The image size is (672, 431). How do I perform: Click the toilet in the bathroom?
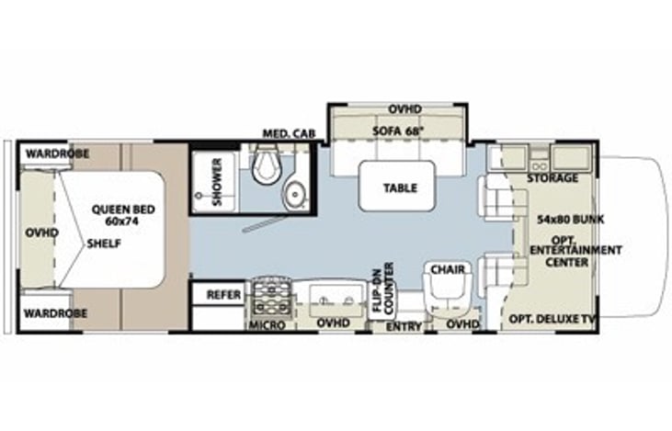pyautogui.click(x=267, y=164)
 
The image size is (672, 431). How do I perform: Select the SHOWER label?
pyautogui.click(x=217, y=182)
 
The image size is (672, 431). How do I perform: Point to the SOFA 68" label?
pyautogui.click(x=398, y=130)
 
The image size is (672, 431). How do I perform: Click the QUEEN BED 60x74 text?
pyautogui.click(x=123, y=215)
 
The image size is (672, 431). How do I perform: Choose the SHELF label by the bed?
pyautogui.click(x=104, y=244)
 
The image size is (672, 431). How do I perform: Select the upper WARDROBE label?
pyautogui.click(x=57, y=153)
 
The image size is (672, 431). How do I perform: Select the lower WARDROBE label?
pyautogui.click(x=55, y=313)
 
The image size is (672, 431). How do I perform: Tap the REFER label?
pyautogui.click(x=223, y=295)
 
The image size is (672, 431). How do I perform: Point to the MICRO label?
pyautogui.click(x=267, y=325)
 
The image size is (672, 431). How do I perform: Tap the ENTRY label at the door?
pyautogui.click(x=404, y=327)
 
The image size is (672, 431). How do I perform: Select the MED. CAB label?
pyautogui.click(x=290, y=133)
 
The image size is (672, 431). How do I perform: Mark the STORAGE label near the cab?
pyautogui.click(x=552, y=177)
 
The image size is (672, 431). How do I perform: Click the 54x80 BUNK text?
pyautogui.click(x=571, y=220)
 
